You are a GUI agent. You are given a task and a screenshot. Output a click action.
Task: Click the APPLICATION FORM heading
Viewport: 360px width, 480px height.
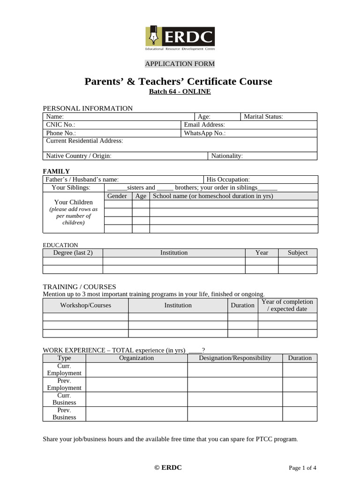[180, 64]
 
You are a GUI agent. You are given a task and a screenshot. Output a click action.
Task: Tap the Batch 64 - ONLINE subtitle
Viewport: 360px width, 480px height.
[180, 91]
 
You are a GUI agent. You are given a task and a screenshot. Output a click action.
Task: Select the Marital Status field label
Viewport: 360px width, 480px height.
[263, 117]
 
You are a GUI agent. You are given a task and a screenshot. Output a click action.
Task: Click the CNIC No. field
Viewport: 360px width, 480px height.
[61, 125]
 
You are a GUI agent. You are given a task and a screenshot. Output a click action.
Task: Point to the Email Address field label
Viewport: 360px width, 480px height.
[204, 125]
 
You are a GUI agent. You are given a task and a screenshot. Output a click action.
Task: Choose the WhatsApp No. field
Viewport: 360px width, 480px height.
[205, 133]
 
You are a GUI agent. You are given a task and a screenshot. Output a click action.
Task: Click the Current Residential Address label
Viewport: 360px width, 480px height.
[84, 141]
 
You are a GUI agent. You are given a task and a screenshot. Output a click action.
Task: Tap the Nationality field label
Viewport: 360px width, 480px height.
[227, 156]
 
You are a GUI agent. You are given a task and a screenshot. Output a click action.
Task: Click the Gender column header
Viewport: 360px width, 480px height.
[117, 196]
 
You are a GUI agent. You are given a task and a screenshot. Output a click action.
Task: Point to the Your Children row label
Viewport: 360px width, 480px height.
[74, 202]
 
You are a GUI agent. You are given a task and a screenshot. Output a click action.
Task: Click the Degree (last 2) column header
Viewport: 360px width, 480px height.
[73, 253]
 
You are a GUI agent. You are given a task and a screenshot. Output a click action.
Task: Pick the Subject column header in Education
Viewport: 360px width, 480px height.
[298, 253]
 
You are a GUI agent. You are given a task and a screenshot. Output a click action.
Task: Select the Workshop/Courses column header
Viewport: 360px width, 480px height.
[86, 305]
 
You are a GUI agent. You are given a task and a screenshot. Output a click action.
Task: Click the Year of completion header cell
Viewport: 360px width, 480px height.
[287, 305]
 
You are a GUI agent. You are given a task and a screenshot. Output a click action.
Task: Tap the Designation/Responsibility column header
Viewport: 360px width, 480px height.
[235, 358]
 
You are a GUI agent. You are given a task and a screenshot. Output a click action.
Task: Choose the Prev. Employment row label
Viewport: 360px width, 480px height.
[64, 384]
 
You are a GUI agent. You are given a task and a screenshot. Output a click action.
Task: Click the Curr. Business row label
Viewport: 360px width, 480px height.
[64, 399]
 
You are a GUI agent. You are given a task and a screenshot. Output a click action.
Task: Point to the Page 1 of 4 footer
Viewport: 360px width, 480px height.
[302, 468]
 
